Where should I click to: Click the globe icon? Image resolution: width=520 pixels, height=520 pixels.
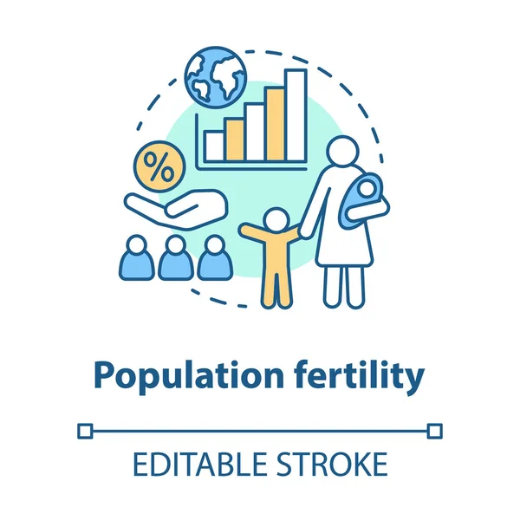216,75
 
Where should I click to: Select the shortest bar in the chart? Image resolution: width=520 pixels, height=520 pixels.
214,146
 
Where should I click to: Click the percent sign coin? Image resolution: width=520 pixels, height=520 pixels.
158,169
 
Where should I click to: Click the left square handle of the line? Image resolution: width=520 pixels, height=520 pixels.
84,429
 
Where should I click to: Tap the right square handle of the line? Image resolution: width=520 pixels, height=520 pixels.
435,429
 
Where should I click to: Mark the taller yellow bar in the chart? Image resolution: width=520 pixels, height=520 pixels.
275,124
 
